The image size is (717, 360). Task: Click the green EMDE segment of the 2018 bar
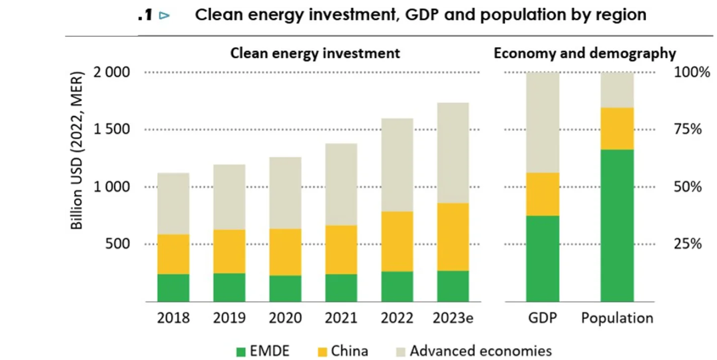click(x=174, y=287)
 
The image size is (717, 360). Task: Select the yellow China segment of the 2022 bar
click(x=397, y=241)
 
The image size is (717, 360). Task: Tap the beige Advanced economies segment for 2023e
click(x=453, y=153)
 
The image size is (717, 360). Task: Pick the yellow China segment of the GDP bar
click(x=542, y=194)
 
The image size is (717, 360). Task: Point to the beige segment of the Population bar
click(x=617, y=90)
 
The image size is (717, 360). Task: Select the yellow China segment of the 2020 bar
click(x=285, y=252)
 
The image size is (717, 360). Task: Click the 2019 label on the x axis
click(x=229, y=318)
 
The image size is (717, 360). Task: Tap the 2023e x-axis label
click(x=453, y=318)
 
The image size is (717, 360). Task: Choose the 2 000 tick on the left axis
click(x=111, y=73)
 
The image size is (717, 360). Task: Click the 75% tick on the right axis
click(x=687, y=129)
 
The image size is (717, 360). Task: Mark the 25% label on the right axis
click(x=687, y=244)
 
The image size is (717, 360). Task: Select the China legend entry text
click(x=350, y=351)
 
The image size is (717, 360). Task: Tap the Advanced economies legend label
click(x=481, y=351)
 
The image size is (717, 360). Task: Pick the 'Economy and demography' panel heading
click(x=585, y=53)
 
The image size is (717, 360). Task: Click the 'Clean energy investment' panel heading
click(x=315, y=53)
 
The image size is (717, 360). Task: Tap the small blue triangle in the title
click(x=165, y=16)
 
